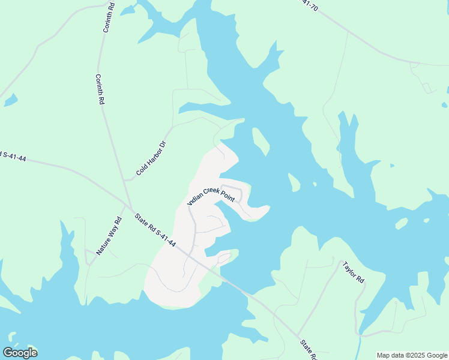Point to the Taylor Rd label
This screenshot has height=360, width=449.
[x=353, y=272]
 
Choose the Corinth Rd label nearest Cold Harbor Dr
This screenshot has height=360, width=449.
[x=100, y=89]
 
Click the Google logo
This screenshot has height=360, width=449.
[x=20, y=353]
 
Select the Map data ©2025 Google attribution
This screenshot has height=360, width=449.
[x=411, y=355]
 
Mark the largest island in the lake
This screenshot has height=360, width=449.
[x=261, y=140]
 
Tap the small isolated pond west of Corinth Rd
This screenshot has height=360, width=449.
[x=10, y=100]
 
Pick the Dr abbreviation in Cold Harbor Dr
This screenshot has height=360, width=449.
[x=161, y=145]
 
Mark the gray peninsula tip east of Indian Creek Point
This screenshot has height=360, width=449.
[x=264, y=209]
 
